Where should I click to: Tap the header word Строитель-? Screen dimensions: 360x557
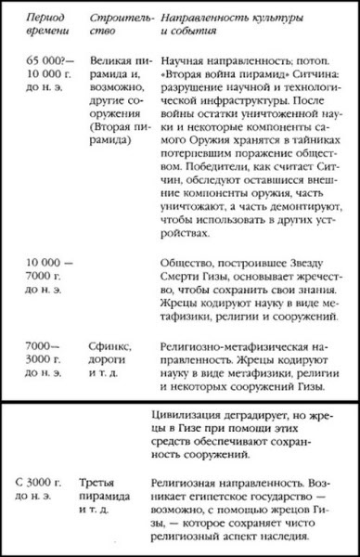pos(119,17)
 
